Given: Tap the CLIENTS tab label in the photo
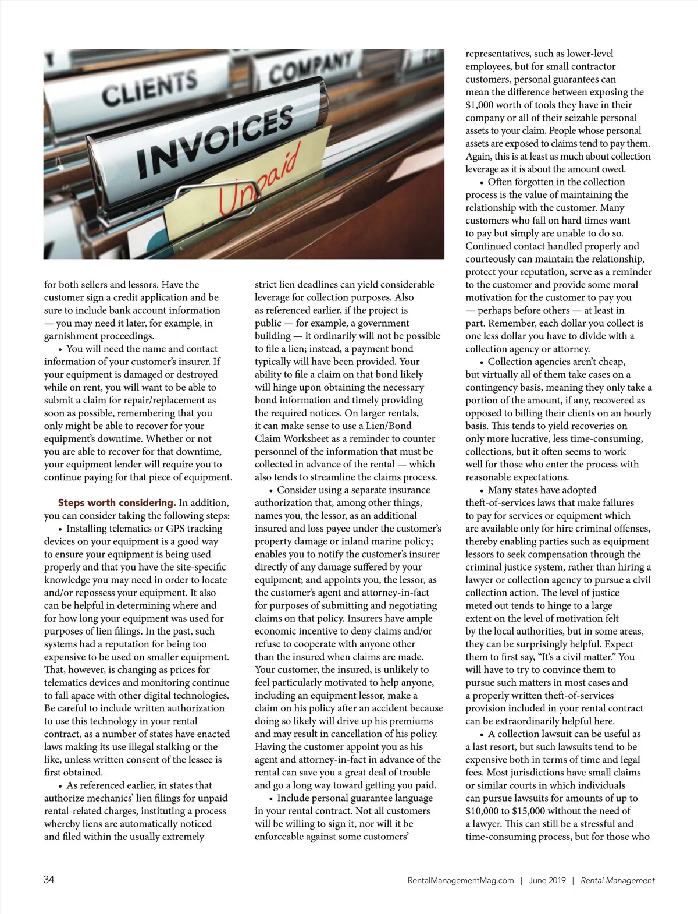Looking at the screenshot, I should pos(149,87).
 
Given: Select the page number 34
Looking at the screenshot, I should pos(49,880).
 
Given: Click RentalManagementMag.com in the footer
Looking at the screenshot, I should pos(461,880).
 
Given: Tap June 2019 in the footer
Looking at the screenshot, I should pos(547,880).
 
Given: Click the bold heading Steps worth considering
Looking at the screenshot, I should pos(116,502).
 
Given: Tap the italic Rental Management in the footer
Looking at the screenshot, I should pos(618,880).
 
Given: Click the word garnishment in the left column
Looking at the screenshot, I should pos(70,336).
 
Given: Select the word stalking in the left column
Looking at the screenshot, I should pos(175,746).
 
